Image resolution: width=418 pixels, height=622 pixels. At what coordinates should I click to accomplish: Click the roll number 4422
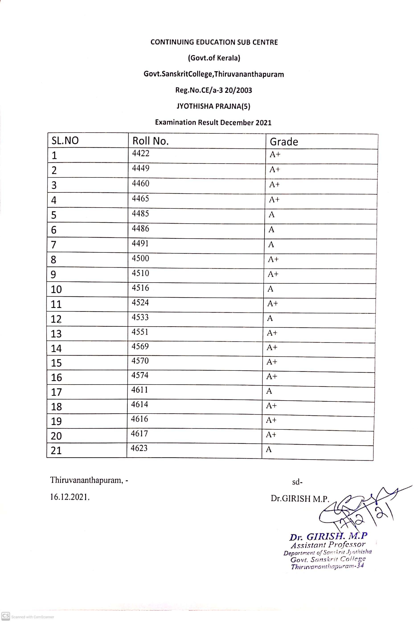point(141,153)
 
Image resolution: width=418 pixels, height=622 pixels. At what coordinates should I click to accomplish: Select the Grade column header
point(284,142)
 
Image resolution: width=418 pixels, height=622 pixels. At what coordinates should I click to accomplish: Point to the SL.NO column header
point(65,140)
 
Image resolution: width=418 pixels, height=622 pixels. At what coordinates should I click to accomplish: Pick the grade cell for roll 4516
point(270,289)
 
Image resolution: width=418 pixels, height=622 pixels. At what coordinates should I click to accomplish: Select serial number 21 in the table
point(56,451)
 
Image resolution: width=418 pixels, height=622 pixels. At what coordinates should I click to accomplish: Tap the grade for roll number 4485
point(271,215)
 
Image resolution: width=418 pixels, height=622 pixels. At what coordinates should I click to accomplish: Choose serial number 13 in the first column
point(56,334)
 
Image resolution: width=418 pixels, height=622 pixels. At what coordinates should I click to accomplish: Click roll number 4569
point(140,347)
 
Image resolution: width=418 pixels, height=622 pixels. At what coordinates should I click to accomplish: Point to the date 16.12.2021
point(70,497)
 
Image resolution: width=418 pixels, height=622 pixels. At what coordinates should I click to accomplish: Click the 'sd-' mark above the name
point(297,482)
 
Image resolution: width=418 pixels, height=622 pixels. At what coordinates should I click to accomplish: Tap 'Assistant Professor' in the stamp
point(328,545)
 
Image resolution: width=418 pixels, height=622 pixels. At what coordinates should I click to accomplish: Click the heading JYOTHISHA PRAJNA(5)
point(213,106)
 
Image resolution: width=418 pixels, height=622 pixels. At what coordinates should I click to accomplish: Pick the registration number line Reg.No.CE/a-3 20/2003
point(213,90)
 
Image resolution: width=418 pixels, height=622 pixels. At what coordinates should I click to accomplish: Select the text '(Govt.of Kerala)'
point(214,58)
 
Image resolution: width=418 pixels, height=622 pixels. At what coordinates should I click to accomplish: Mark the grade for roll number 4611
point(269,391)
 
